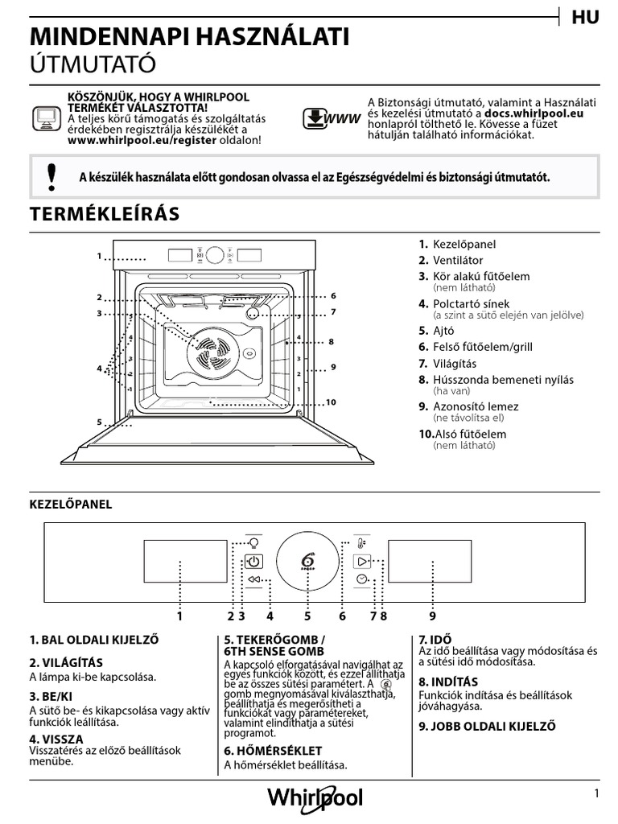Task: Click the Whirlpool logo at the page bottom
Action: click(315, 798)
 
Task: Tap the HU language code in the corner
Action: click(586, 18)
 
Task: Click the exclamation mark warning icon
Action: click(52, 176)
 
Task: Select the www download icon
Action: click(330, 119)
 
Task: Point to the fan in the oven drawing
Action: click(208, 352)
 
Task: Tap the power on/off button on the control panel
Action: click(253, 562)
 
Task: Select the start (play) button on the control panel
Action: click(362, 561)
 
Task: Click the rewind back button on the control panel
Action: click(254, 579)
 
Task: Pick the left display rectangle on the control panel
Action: click(186, 561)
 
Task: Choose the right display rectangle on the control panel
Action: click(429, 561)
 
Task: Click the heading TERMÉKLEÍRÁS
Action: click(105, 214)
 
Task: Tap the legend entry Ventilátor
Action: click(458, 260)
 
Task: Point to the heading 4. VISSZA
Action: click(56, 739)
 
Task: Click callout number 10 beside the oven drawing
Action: click(331, 402)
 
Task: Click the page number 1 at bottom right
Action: click(597, 793)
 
